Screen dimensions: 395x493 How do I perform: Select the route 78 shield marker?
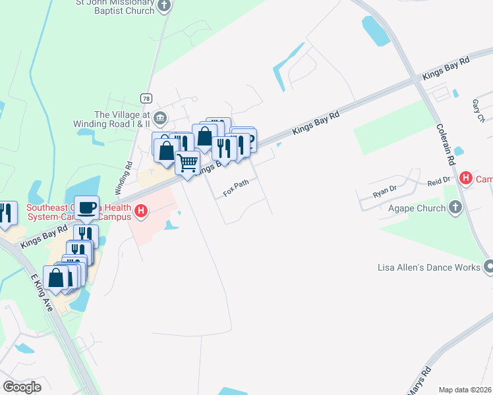point(146,98)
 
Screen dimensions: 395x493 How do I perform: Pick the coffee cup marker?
point(87,207)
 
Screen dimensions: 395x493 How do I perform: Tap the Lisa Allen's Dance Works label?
point(429,267)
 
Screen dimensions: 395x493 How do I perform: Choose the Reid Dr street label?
point(438,179)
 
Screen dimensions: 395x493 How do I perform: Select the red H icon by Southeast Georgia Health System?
point(140,211)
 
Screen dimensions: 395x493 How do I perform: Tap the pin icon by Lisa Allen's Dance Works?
point(488,267)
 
